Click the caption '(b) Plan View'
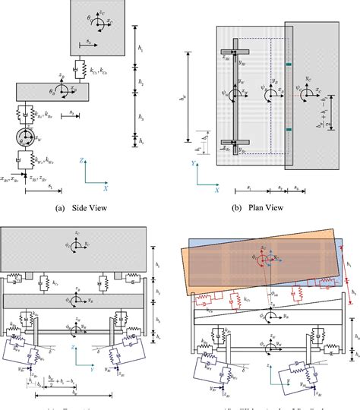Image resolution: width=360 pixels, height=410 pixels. click(260, 207)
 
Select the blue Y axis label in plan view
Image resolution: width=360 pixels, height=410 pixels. click(196, 161)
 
